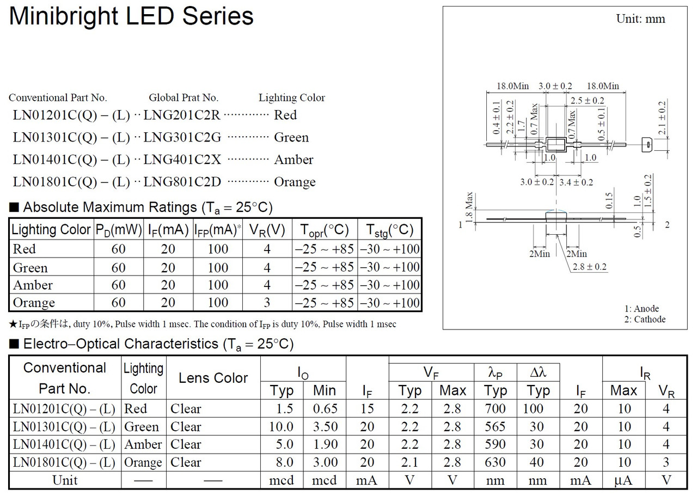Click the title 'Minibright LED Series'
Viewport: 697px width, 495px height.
pos(131,17)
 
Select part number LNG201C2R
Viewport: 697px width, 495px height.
pos(182,115)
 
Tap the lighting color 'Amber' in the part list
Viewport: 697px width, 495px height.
pos(294,160)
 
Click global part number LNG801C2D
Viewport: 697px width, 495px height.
pos(182,182)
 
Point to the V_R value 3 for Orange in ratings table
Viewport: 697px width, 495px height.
pos(267,302)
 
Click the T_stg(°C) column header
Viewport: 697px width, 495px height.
pos(389,230)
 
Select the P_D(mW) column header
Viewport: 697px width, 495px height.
pos(119,230)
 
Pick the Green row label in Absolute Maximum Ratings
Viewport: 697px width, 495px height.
pos(30,267)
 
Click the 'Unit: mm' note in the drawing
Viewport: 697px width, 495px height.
pos(640,19)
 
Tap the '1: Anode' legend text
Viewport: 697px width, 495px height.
pos(641,309)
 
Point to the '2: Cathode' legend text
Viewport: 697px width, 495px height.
pos(645,320)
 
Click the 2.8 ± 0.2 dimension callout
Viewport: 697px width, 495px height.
pos(589,267)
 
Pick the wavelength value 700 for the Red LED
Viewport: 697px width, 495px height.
pos(495,408)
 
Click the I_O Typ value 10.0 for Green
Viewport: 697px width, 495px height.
pos(281,426)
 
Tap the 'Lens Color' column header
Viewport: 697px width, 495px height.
pos(213,378)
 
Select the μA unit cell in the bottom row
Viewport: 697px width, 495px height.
pos(623,480)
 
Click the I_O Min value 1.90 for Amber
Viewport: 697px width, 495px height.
pos(324,444)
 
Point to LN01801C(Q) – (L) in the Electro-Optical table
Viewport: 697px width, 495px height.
pos(64,462)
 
